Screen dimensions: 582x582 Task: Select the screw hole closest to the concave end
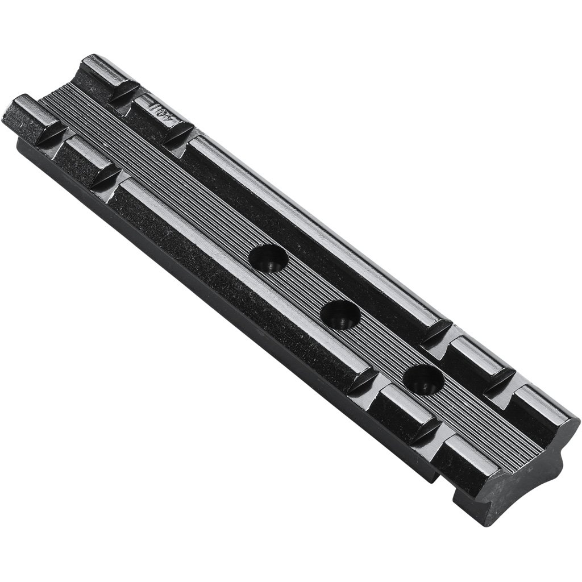(x=423, y=378)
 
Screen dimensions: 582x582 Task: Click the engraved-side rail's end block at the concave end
(x=540, y=415)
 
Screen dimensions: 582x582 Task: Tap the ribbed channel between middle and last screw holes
(x=382, y=347)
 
